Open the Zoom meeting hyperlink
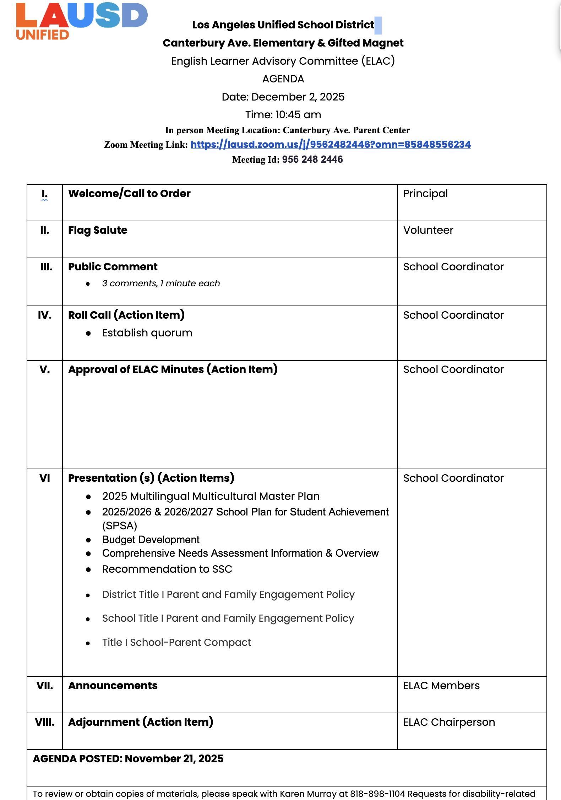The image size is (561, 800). (x=330, y=145)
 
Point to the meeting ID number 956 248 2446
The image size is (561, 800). (x=312, y=160)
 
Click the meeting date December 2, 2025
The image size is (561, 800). (x=298, y=97)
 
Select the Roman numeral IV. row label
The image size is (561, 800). (x=45, y=315)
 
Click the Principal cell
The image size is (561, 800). (x=425, y=194)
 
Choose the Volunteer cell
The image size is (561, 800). (x=428, y=230)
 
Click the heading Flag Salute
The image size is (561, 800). (x=98, y=230)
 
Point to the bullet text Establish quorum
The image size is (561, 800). (x=147, y=333)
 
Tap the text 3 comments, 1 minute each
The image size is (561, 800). (x=161, y=283)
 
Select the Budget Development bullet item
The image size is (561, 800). (x=151, y=540)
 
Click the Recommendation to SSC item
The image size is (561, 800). (x=167, y=569)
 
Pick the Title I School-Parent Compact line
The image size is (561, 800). (x=176, y=642)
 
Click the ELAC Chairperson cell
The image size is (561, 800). (x=449, y=722)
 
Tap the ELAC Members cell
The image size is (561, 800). (x=441, y=686)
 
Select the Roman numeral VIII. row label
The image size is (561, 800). (x=45, y=722)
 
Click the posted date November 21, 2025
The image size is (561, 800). (x=174, y=759)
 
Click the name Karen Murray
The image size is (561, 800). (x=308, y=794)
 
